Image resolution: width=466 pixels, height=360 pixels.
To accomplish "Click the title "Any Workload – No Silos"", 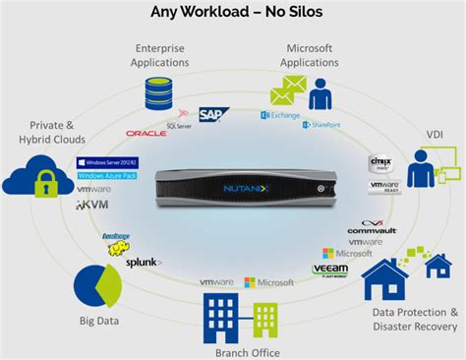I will pyautogui.click(x=233, y=13).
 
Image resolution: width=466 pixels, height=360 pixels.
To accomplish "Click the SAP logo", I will pyautogui.click(x=213, y=115).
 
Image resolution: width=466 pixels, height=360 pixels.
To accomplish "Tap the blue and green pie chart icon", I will pyautogui.click(x=98, y=286).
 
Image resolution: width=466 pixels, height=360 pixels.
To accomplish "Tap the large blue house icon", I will pyautogui.click(x=384, y=279).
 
